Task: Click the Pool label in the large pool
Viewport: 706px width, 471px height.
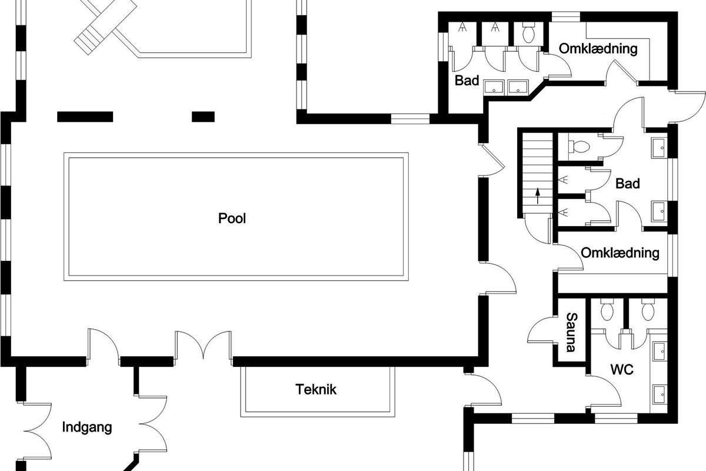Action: pos(232,218)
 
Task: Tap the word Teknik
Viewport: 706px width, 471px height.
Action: pos(316,390)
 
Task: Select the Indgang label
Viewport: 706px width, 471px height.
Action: pos(87,427)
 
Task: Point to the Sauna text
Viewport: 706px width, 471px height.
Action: pos(571,332)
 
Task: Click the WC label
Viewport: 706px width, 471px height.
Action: pos(622,370)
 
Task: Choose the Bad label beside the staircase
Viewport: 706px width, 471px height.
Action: pos(628,184)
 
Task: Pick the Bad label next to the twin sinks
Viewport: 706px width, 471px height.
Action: pos(467,81)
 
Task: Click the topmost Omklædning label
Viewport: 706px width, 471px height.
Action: pos(598,49)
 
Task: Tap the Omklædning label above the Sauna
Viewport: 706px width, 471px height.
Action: pos(620,253)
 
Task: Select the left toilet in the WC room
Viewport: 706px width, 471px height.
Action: pos(607,310)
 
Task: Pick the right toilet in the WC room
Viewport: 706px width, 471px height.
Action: pos(648,310)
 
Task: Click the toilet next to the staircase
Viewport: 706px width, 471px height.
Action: pos(579,147)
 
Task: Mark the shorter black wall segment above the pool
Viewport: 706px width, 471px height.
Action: pos(204,117)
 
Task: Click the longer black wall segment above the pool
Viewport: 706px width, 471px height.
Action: pos(85,117)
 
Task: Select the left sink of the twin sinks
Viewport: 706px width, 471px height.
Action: pos(494,87)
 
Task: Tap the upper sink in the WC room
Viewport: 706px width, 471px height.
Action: pos(659,351)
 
